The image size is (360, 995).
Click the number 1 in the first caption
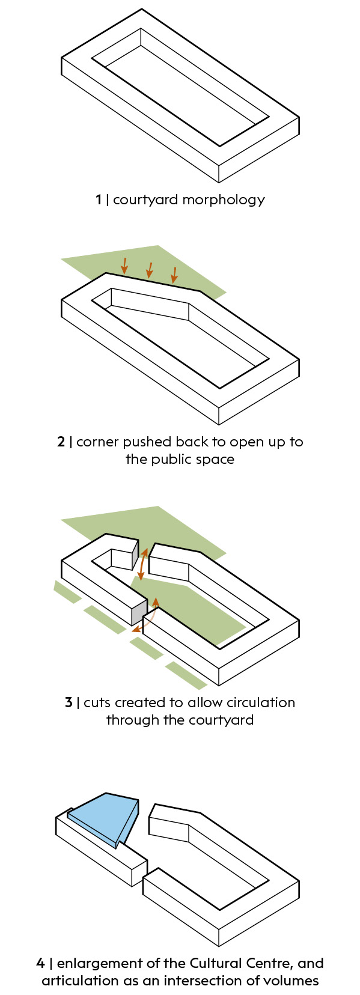[x=99, y=199]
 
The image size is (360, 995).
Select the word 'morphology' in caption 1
[x=224, y=200]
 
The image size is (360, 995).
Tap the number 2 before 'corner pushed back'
[x=61, y=442]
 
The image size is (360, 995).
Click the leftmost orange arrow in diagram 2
[x=124, y=265]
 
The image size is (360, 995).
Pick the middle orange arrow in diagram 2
[x=150, y=270]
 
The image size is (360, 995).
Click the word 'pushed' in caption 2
[x=147, y=442]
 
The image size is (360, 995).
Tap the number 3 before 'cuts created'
[x=69, y=703]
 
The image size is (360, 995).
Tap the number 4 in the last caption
[x=41, y=964]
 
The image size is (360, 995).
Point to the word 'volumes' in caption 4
[x=293, y=981]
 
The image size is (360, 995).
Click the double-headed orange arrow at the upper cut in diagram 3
[x=142, y=564]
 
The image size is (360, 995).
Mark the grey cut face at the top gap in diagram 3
[x=136, y=555]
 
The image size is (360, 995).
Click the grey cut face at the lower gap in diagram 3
[x=139, y=612]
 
